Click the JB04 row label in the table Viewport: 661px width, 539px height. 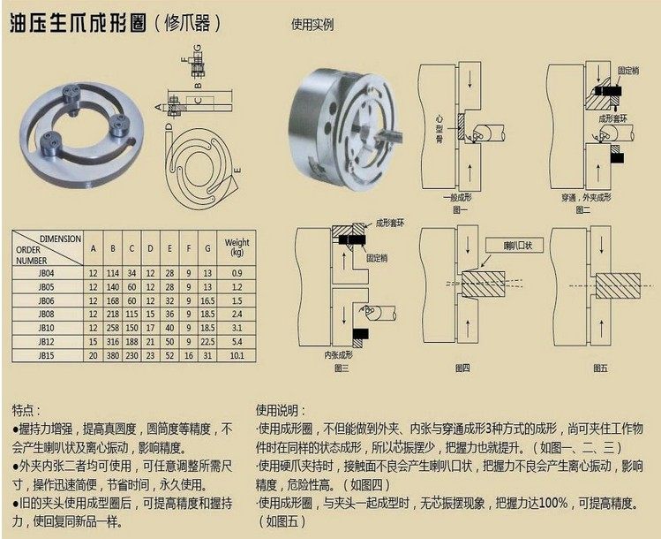(46, 274)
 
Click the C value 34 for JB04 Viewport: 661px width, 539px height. (131, 274)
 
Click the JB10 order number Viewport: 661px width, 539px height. (46, 327)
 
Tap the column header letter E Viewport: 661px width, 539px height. (168, 247)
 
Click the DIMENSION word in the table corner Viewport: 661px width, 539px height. (60, 239)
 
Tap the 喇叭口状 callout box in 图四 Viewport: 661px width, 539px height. (510, 244)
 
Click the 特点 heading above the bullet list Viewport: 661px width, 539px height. (26, 411)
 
